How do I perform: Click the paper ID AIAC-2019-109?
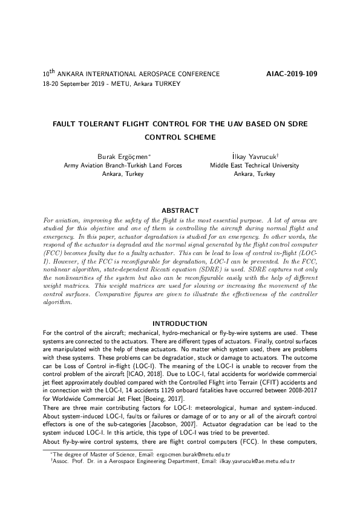click(x=292, y=74)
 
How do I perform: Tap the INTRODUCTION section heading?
click(x=180, y=324)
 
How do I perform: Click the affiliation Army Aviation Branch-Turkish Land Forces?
click(x=123, y=165)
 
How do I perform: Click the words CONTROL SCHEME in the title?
click(x=180, y=137)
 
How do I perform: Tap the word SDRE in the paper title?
click(x=297, y=123)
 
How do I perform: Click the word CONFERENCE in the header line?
click(x=199, y=74)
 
